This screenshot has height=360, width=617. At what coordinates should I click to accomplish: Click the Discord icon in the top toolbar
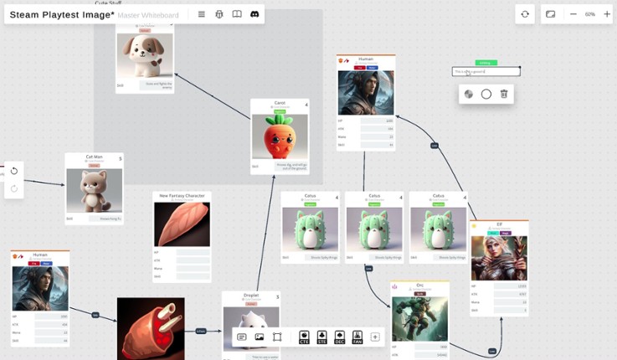[255, 14]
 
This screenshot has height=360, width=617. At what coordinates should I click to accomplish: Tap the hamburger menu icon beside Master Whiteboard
[202, 14]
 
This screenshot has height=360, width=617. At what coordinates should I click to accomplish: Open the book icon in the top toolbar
[237, 14]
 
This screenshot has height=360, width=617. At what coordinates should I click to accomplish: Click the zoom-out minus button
[573, 14]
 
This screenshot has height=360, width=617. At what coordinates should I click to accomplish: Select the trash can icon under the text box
[504, 94]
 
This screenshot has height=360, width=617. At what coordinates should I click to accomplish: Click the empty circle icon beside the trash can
[486, 94]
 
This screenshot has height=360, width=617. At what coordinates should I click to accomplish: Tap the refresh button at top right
[525, 14]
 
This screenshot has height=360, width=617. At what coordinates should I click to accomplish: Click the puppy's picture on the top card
[145, 55]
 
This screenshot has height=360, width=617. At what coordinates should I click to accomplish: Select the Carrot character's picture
[280, 136]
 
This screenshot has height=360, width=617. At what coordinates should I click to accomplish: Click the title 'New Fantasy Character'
[182, 196]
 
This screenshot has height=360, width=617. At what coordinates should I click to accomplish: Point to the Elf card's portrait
[499, 257]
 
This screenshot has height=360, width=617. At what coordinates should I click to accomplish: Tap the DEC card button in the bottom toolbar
[340, 337]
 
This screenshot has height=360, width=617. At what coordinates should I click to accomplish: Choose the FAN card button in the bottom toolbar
[357, 337]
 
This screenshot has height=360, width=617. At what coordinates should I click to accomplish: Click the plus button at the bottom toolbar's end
[375, 337]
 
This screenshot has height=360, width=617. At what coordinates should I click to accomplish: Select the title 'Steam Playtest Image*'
[62, 15]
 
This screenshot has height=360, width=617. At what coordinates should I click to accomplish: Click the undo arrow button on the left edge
[14, 171]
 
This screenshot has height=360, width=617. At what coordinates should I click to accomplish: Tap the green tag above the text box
[486, 63]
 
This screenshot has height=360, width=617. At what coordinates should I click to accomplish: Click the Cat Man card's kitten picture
[94, 191]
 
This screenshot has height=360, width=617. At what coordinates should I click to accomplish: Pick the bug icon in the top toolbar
[219, 14]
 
